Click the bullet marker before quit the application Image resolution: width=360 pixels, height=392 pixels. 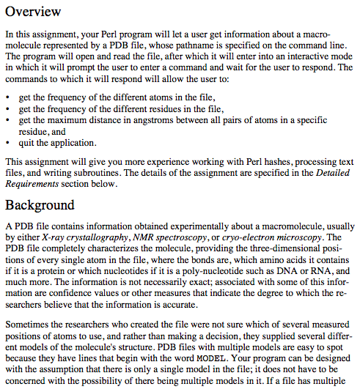point(7,142)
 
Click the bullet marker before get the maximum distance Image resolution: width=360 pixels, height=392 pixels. point(7,120)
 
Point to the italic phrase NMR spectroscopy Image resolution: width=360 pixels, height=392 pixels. point(165,237)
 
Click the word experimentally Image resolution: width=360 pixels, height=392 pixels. point(183,226)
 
